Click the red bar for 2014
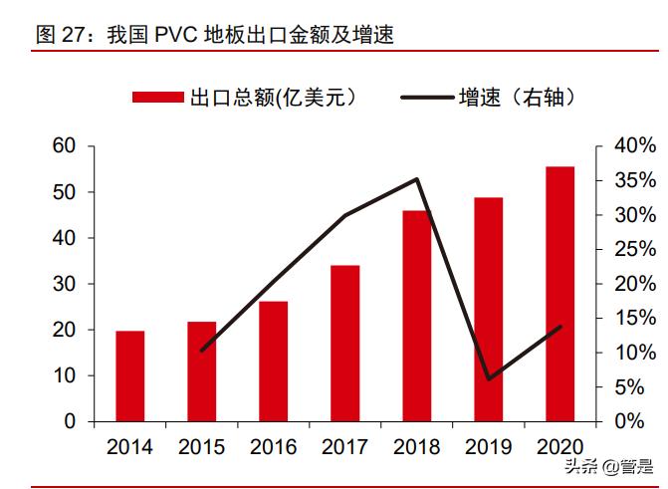[130, 376]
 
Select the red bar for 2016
[273, 362]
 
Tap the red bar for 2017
[344, 344]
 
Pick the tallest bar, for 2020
[559, 294]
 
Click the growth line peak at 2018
[416, 179]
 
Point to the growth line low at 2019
[489, 378]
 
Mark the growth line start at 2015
[202, 351]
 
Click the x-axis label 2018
[416, 447]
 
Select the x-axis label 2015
[202, 447]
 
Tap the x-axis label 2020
[559, 447]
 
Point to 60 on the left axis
[64, 146]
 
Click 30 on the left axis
[64, 284]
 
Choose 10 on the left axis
[64, 375]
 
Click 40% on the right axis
[634, 146]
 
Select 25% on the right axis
[634, 250]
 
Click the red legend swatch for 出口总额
[158, 97]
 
